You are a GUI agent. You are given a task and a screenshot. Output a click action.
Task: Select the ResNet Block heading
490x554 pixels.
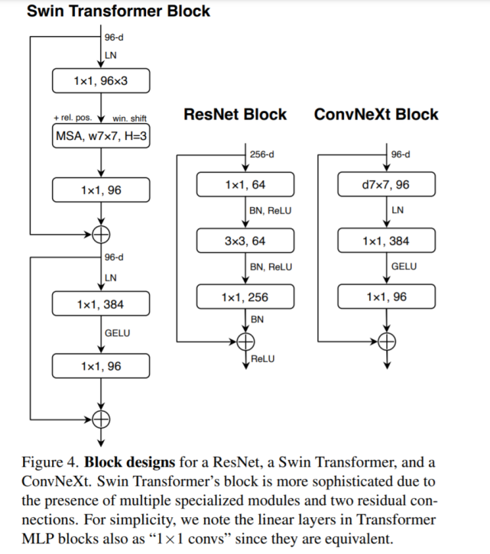[235, 115]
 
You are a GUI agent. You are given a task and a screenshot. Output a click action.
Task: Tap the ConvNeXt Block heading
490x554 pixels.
[376, 115]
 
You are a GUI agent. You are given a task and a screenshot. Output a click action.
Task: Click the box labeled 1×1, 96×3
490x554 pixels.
[101, 80]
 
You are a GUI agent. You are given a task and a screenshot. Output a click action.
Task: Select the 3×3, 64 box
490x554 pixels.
[245, 241]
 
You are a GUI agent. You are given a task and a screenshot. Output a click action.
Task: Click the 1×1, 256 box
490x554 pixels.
[245, 296]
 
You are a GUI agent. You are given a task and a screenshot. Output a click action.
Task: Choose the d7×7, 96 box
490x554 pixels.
[386, 185]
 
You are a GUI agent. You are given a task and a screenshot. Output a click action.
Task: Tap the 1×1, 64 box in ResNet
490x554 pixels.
[245, 185]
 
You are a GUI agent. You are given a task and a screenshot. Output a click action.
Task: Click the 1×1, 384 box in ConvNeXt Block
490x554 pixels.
[386, 241]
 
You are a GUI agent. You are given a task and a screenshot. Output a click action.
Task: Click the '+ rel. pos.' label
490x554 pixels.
[73, 118]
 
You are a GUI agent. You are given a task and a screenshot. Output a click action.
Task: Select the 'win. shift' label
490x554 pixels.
[129, 118]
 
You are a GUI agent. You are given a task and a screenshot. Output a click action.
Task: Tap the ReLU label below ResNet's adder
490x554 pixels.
[263, 358]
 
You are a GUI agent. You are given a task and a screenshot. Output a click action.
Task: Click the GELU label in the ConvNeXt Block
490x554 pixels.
[403, 267]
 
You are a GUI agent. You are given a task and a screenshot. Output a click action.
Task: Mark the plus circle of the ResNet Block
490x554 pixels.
[245, 341]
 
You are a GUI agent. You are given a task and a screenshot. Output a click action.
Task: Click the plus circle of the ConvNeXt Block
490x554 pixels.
[387, 341]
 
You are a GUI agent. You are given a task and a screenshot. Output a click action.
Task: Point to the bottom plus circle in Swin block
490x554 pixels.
[101, 417]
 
